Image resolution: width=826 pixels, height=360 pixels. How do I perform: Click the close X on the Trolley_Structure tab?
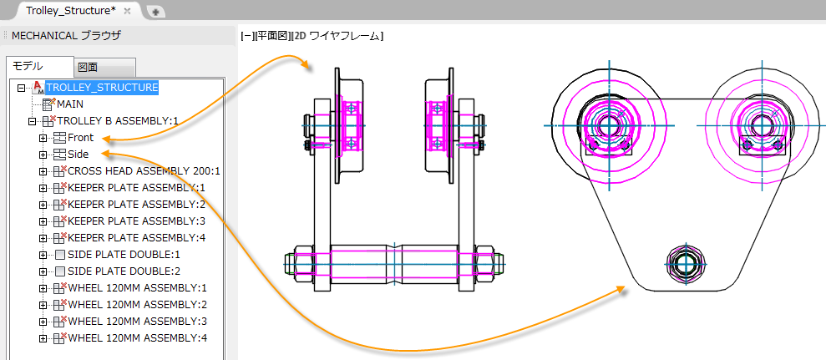click(127, 11)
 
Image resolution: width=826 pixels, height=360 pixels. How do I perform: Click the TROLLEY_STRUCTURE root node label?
click(102, 87)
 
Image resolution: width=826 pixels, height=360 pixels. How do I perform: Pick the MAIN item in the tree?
click(70, 104)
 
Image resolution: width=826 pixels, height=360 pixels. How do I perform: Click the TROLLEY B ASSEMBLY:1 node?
click(118, 121)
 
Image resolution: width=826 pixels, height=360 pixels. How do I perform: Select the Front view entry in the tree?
click(81, 138)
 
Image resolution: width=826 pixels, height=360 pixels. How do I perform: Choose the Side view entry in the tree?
click(78, 155)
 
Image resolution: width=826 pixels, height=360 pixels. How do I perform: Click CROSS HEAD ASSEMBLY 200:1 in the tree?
click(144, 171)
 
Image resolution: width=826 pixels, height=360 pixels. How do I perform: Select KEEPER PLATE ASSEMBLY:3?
click(136, 221)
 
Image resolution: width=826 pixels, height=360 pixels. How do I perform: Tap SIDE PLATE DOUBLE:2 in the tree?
click(124, 271)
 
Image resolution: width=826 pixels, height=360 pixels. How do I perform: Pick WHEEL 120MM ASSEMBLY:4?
click(138, 337)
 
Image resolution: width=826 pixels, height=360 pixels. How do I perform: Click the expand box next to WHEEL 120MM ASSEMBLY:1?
click(43, 288)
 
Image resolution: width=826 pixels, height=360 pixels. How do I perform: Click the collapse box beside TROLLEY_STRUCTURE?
click(22, 88)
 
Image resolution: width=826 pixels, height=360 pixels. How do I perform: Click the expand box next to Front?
click(43, 139)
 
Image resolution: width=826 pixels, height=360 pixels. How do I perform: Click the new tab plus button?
click(156, 13)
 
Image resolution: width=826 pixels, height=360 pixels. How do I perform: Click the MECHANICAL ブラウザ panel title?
click(66, 36)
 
